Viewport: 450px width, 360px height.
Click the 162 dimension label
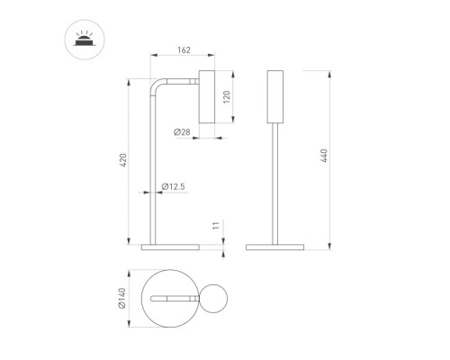(x=184, y=49)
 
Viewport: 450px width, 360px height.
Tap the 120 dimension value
(x=227, y=97)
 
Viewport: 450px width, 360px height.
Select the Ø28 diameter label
(x=182, y=131)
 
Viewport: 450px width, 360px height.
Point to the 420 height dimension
(x=123, y=160)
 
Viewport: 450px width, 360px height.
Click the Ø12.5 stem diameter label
(x=173, y=186)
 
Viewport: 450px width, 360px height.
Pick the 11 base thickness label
(x=216, y=226)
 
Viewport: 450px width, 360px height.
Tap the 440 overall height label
(x=324, y=156)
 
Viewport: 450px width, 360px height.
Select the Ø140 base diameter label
(x=121, y=298)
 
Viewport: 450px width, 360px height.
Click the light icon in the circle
(x=85, y=40)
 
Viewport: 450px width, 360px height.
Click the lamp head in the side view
(x=207, y=96)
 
